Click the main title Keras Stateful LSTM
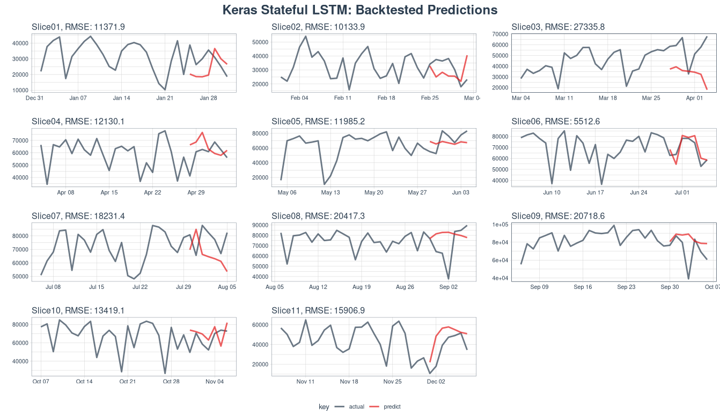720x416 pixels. click(x=359, y=10)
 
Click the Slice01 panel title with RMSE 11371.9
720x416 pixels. click(x=78, y=27)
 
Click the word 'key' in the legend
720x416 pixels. click(x=324, y=407)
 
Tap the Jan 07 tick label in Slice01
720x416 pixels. click(x=78, y=98)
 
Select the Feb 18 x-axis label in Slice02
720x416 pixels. click(x=386, y=98)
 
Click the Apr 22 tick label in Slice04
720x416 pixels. click(x=152, y=192)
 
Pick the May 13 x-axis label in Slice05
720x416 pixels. click(x=330, y=192)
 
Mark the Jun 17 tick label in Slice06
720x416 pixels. click(x=595, y=192)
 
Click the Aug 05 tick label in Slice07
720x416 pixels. click(x=227, y=287)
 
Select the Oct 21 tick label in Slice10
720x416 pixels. click(x=128, y=382)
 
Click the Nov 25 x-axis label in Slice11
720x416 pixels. click(x=392, y=382)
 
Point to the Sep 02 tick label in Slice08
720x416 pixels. click(x=449, y=287)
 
